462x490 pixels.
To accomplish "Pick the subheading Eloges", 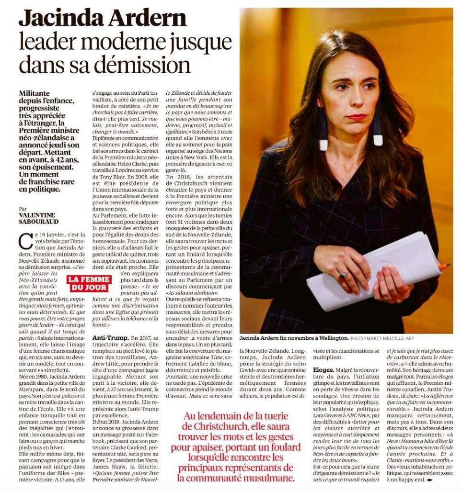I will pos(325,370).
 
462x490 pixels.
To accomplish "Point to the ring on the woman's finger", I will pos(344,276).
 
